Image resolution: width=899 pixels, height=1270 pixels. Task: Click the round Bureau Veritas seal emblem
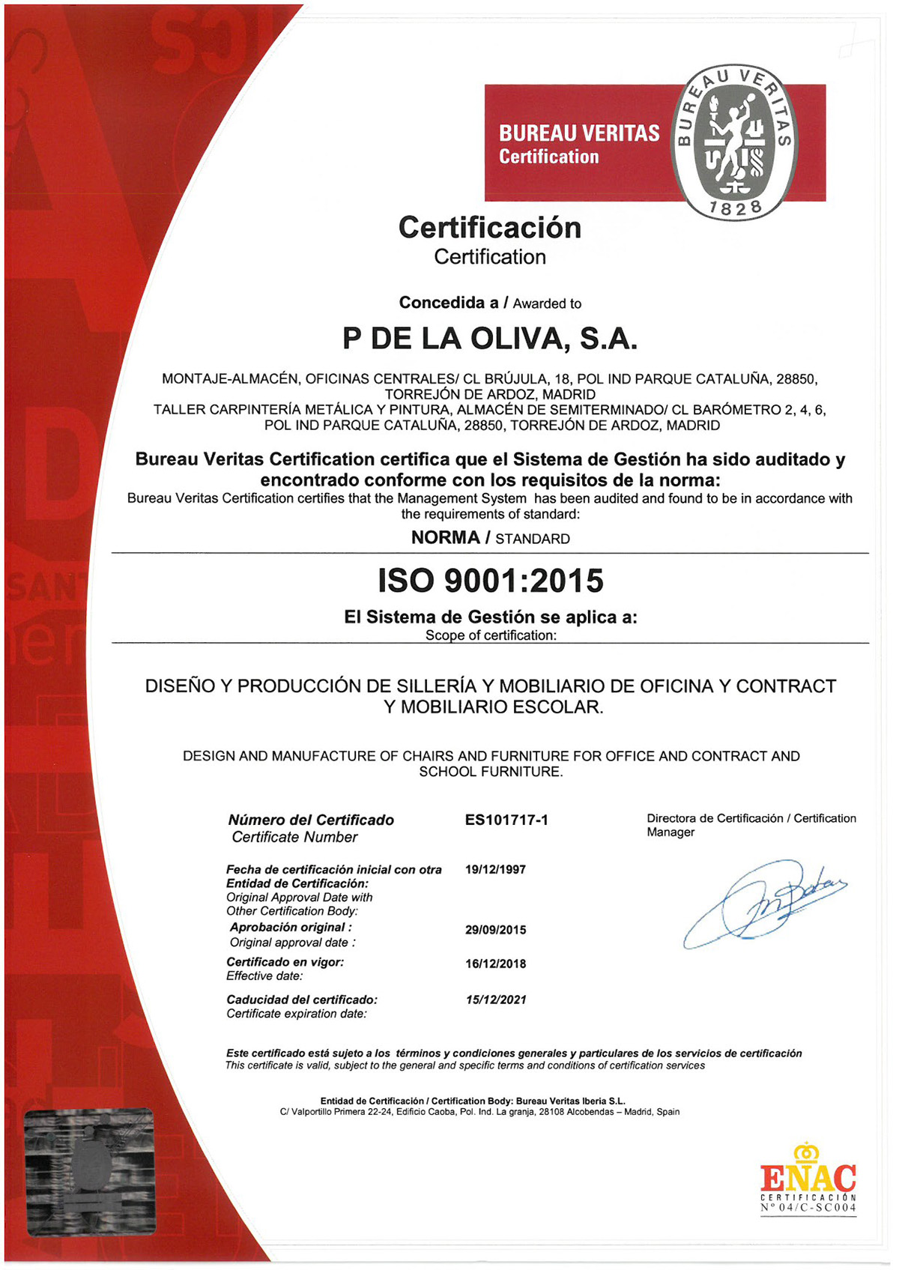733,142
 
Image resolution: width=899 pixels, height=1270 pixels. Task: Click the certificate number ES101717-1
506,820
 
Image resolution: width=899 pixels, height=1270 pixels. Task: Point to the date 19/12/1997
495,870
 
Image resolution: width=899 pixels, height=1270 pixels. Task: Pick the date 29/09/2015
495,930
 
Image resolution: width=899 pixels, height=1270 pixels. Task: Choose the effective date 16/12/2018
495,964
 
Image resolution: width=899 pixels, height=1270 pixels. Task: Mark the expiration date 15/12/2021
495,1000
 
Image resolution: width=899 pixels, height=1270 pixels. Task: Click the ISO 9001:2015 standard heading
490,581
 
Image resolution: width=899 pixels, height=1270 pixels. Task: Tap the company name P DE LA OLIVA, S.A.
490,339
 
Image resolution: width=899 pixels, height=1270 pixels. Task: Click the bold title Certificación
490,228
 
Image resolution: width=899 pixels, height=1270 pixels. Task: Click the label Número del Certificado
311,820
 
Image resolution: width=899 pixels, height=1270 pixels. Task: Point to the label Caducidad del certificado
302,1000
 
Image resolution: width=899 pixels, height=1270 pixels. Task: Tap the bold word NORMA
446,538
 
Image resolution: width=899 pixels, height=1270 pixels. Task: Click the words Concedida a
448,303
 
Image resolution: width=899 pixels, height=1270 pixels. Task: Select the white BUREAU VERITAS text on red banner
579,133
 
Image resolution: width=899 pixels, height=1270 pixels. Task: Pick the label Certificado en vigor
285,962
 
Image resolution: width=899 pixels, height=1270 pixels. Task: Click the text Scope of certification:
491,635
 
